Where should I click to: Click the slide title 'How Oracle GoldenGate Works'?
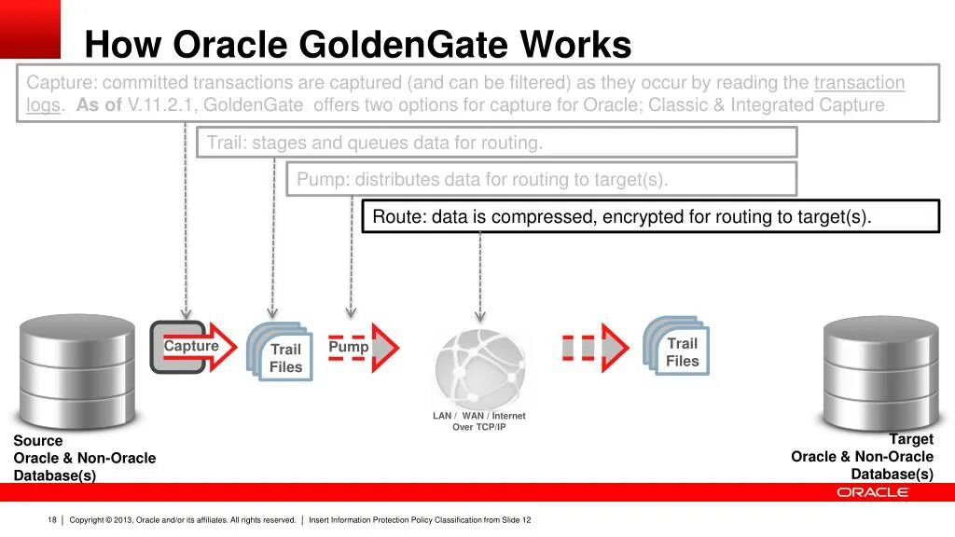[x=357, y=44]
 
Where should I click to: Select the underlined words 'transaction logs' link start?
[x=858, y=83]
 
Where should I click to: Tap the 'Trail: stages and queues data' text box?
[x=496, y=143]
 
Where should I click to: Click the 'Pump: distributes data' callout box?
[x=541, y=179]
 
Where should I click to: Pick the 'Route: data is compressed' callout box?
[x=650, y=216]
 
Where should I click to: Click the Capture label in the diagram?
[x=191, y=347]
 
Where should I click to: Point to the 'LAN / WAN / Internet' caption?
[x=478, y=416]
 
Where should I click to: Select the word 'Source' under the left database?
[x=38, y=441]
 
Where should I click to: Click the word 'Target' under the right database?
[x=910, y=439]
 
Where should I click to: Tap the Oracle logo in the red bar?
[x=872, y=492]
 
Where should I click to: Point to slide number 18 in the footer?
[x=52, y=520]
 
